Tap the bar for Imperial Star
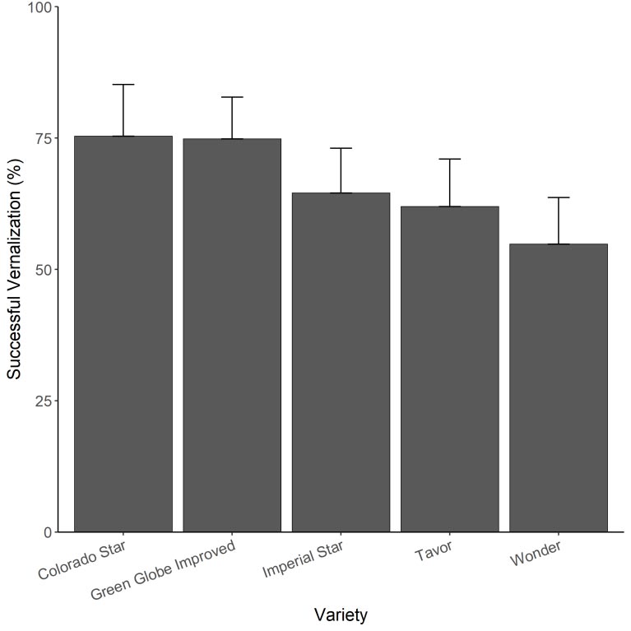[341, 362]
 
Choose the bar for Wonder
[559, 387]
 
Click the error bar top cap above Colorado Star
[123, 85]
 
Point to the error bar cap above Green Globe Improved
[232, 97]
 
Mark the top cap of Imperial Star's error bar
[341, 148]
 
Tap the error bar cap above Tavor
[450, 159]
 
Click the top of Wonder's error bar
[559, 197]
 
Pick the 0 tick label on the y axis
[47, 532]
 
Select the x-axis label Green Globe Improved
[163, 570]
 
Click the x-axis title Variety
[341, 615]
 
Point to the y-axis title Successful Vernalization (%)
[14, 270]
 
